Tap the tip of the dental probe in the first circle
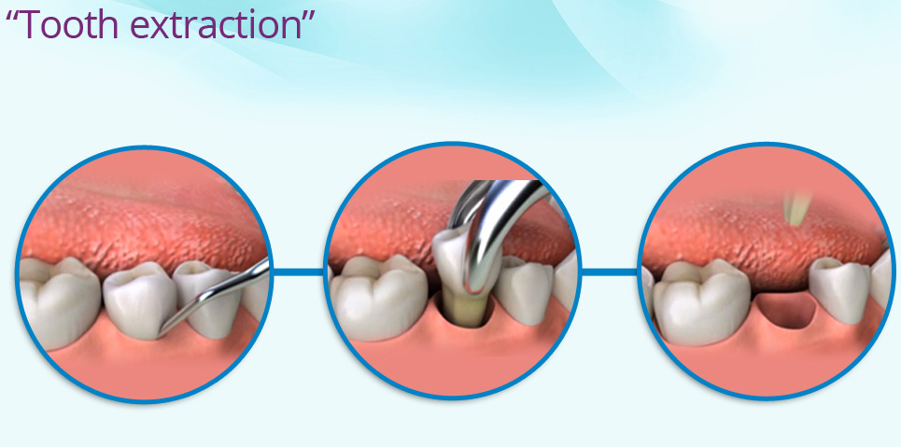click(x=161, y=331)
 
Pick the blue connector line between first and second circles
click(x=298, y=272)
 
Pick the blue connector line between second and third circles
click(x=609, y=272)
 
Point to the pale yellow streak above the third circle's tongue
click(x=795, y=207)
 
